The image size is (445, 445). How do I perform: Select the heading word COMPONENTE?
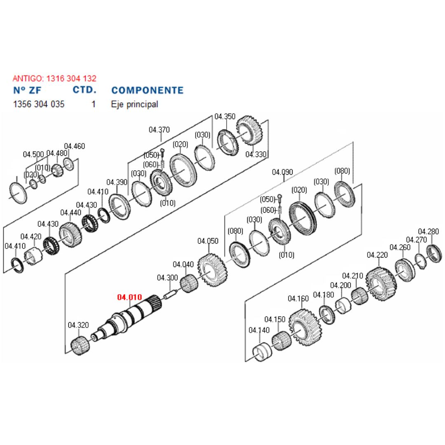[148, 90]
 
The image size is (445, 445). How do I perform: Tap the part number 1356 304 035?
[39, 104]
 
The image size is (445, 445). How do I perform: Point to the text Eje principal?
[134, 104]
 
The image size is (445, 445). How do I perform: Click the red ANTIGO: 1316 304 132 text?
[54, 78]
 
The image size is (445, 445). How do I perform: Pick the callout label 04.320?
[78, 325]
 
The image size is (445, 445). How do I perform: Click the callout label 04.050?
[208, 241]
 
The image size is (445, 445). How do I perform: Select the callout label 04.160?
[298, 298]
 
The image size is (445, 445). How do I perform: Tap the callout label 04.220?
[377, 255]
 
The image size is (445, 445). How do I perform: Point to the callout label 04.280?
[429, 232]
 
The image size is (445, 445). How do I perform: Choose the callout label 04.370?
[159, 130]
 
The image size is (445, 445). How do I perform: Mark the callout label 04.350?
[225, 116]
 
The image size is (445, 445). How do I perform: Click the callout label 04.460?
[75, 146]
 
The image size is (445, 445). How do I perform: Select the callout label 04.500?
[33, 155]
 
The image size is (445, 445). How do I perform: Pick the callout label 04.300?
[167, 278]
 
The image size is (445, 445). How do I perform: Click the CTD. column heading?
[84, 90]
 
